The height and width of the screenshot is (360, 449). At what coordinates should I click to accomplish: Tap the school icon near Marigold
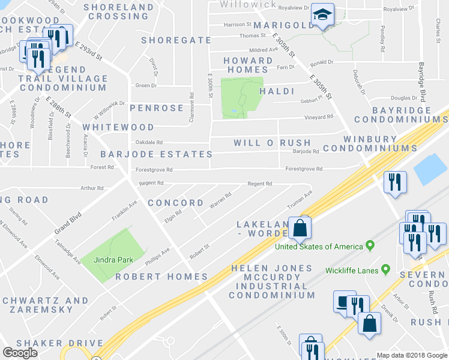[322, 16]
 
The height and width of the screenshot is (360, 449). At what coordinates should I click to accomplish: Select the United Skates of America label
[319, 247]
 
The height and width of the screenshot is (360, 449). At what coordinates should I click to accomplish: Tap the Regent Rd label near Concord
[151, 183]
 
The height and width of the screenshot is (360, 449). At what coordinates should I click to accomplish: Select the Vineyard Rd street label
[319, 118]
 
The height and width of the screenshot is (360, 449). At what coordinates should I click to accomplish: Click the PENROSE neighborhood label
[156, 108]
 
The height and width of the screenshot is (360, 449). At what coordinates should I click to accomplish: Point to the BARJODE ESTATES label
[152, 154]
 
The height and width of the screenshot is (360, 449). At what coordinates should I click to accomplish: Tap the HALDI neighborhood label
[276, 91]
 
